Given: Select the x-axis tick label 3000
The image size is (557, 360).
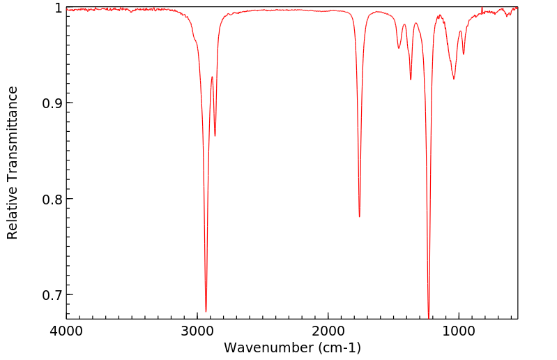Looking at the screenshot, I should coord(197,331).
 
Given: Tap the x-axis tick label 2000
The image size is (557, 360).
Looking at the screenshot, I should coord(328,331).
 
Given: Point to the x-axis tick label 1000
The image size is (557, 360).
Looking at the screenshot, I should coord(459,331).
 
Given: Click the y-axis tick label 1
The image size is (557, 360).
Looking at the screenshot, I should coord(57,8).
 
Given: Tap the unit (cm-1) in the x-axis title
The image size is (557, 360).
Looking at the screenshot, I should coord(339,347).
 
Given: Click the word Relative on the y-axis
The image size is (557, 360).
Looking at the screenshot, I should coord(13,210).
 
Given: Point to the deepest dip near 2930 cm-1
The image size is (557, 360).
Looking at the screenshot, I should coord(206,311).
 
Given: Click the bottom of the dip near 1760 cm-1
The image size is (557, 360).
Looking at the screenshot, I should coord(360,216).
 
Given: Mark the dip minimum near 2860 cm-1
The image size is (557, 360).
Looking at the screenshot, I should coord(215,136).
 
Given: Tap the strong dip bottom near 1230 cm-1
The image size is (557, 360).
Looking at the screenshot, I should coord(429,317).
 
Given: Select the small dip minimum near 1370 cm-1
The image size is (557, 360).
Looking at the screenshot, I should coord(411,80).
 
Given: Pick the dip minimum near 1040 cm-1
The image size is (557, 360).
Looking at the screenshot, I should coord(454,79).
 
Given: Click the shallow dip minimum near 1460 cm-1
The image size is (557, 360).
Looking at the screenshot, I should coord(399,48).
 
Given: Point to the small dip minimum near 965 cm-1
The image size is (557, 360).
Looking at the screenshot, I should coord(464,54).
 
